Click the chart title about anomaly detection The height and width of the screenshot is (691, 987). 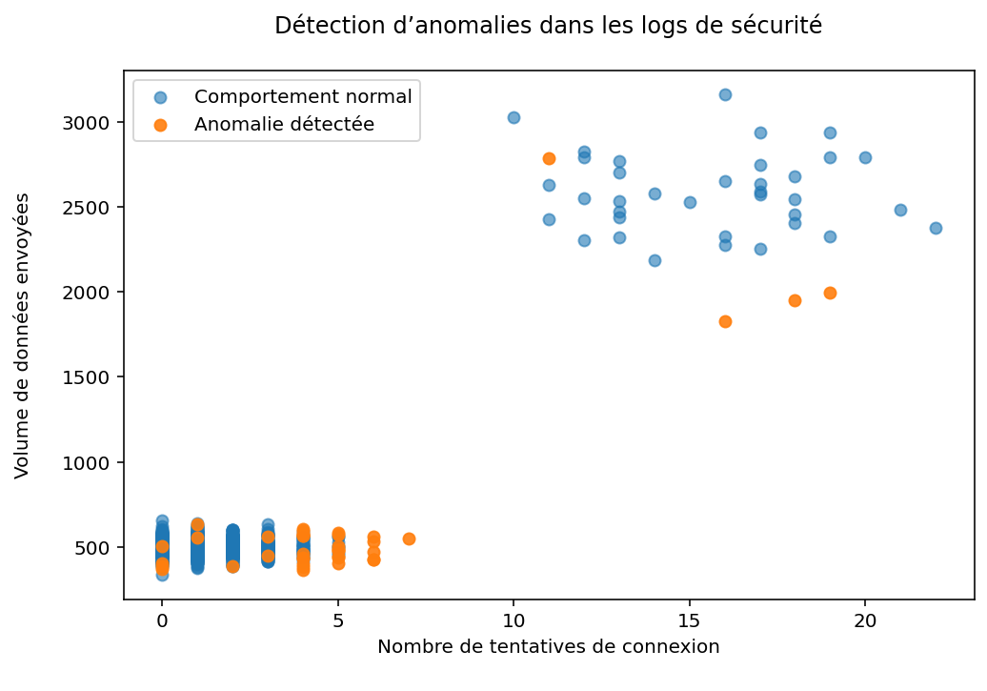point(548,26)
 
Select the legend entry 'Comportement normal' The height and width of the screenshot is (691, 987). point(303,96)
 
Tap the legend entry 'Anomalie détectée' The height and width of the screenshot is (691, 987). point(284,124)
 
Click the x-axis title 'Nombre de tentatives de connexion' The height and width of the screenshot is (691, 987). point(548,647)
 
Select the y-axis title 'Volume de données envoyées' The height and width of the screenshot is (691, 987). point(23,335)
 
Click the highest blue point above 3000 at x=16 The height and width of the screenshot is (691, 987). point(725,94)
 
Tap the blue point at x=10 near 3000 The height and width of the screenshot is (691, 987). point(514,117)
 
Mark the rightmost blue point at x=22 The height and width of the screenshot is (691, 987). point(936,228)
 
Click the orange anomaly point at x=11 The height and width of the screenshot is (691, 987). point(549,158)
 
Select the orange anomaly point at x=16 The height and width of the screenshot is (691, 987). point(725,321)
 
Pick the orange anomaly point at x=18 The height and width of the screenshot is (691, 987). point(795,300)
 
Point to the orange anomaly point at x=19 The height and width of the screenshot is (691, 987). point(830,293)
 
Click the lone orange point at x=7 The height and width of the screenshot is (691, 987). point(409,539)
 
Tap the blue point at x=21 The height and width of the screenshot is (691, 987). point(900,210)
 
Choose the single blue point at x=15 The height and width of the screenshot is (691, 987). point(690,202)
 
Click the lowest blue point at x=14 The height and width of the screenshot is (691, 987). point(655,260)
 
